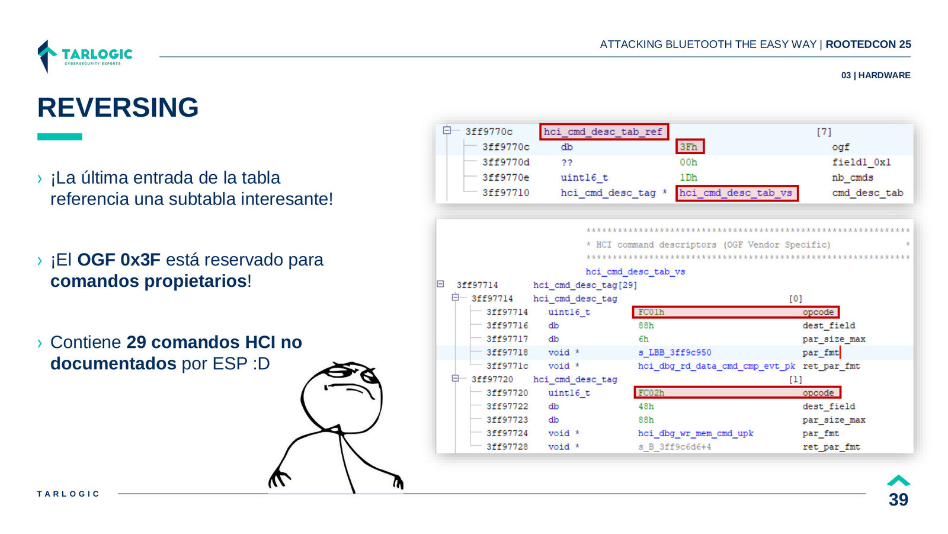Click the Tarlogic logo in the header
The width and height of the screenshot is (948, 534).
coord(85,56)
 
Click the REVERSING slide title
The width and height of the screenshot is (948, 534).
coord(118,107)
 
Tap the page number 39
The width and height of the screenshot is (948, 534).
coord(898,500)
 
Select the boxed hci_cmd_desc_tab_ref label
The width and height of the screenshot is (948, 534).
coord(604,132)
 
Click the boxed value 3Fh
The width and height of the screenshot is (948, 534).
coord(690,146)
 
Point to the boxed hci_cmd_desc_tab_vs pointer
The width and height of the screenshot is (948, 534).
coord(736,193)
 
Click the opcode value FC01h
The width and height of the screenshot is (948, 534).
coord(651,312)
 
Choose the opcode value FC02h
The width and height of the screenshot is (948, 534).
coord(651,393)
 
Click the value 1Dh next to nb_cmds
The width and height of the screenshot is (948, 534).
coord(688,178)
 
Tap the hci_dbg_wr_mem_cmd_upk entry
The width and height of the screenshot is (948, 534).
coord(696,433)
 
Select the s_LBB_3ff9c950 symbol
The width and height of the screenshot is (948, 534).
coord(675,352)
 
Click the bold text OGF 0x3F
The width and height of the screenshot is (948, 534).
coord(119,260)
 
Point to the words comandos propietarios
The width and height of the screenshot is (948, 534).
coord(149,281)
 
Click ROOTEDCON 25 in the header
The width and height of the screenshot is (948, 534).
coord(869,44)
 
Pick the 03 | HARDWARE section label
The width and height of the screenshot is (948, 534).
coord(876,75)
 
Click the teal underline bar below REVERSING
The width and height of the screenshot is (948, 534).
coord(60,137)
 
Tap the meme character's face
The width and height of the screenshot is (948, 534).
coord(342,396)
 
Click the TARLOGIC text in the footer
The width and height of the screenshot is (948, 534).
coord(68,494)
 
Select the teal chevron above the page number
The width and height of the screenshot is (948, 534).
coord(898,481)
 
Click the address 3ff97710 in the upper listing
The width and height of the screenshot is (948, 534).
coord(506,193)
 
